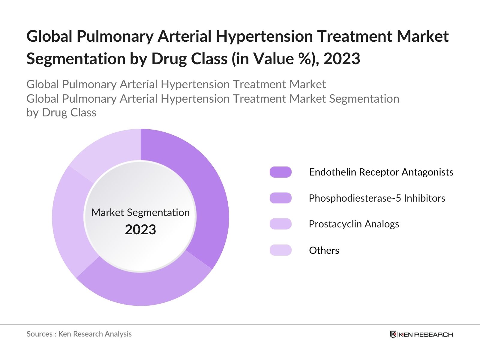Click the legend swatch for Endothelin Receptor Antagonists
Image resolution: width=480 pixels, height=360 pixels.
coord(280,172)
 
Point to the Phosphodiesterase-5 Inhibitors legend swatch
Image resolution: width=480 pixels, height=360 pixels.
coord(280,198)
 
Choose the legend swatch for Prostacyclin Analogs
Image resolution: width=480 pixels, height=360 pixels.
coord(280,224)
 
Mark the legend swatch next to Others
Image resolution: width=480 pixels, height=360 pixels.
coord(280,250)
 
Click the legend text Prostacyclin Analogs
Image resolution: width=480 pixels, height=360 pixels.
coord(354,224)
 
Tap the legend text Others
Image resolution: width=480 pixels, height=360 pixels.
coord(324,250)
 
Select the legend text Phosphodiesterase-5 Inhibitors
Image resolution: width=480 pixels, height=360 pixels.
coord(377,198)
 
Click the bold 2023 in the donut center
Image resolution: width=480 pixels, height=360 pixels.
coord(140,230)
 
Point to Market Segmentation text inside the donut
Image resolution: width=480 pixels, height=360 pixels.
coord(140,212)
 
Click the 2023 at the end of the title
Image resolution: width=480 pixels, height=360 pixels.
coord(342,58)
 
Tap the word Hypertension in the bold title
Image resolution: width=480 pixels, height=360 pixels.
coord(264,36)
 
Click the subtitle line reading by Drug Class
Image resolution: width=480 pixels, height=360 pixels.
coord(61,112)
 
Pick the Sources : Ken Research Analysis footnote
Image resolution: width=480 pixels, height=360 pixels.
coord(79,334)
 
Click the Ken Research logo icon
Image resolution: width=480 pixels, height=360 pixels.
coord(393,334)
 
